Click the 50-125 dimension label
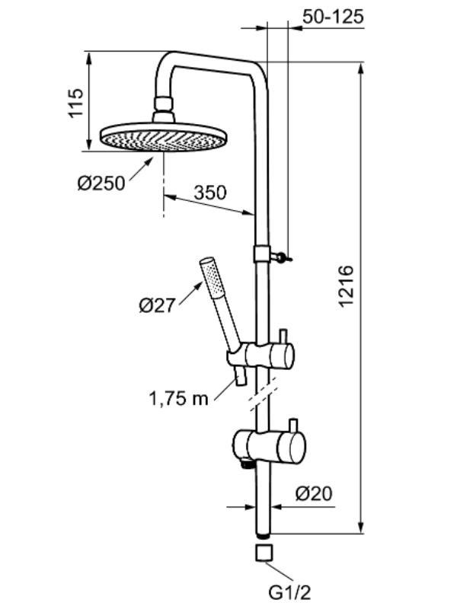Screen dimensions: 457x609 pyautogui.click(x=333, y=17)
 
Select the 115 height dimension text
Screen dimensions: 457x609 pyautogui.click(x=75, y=103)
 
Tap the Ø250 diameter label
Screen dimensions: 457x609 pyautogui.click(x=101, y=183)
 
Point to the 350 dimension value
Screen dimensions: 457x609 pyautogui.click(x=210, y=193)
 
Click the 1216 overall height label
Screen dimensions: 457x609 pyautogui.click(x=346, y=286)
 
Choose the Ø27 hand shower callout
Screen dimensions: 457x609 pyautogui.click(x=158, y=305)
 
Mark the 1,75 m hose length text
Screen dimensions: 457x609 pyautogui.click(x=179, y=398)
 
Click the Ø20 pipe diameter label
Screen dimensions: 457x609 pyautogui.click(x=314, y=493)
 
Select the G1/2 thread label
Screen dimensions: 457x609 pyautogui.click(x=290, y=593)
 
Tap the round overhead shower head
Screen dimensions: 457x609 pyautogui.click(x=164, y=137)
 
